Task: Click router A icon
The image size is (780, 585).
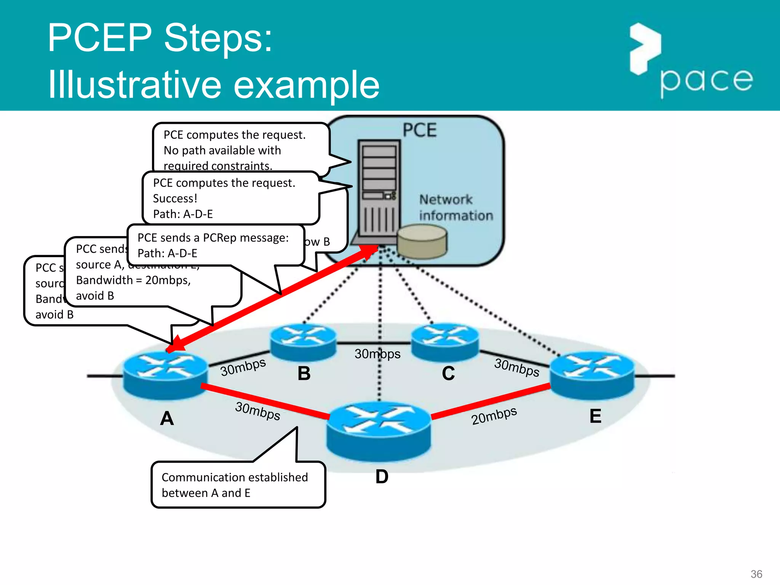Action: (165, 375)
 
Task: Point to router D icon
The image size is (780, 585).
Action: (379, 430)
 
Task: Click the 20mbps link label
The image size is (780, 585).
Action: (494, 416)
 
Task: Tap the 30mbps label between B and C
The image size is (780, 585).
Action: (377, 354)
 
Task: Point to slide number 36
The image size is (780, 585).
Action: (756, 574)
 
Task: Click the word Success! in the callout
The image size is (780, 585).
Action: (175, 198)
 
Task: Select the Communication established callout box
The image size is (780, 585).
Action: (238, 485)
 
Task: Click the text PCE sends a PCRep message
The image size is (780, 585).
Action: (213, 238)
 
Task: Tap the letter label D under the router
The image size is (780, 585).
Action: (382, 476)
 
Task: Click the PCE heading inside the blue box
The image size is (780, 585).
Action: (420, 130)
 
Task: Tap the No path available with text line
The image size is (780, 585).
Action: (222, 150)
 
